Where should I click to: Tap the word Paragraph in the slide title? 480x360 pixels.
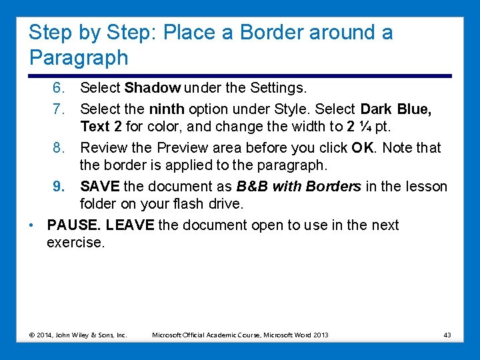click(x=79, y=57)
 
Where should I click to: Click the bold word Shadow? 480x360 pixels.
click(x=153, y=87)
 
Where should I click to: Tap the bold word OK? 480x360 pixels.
click(x=362, y=147)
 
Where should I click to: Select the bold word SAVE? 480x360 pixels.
click(x=97, y=187)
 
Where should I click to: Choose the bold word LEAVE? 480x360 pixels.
click(x=130, y=225)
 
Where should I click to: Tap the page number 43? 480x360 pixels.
click(x=447, y=334)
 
